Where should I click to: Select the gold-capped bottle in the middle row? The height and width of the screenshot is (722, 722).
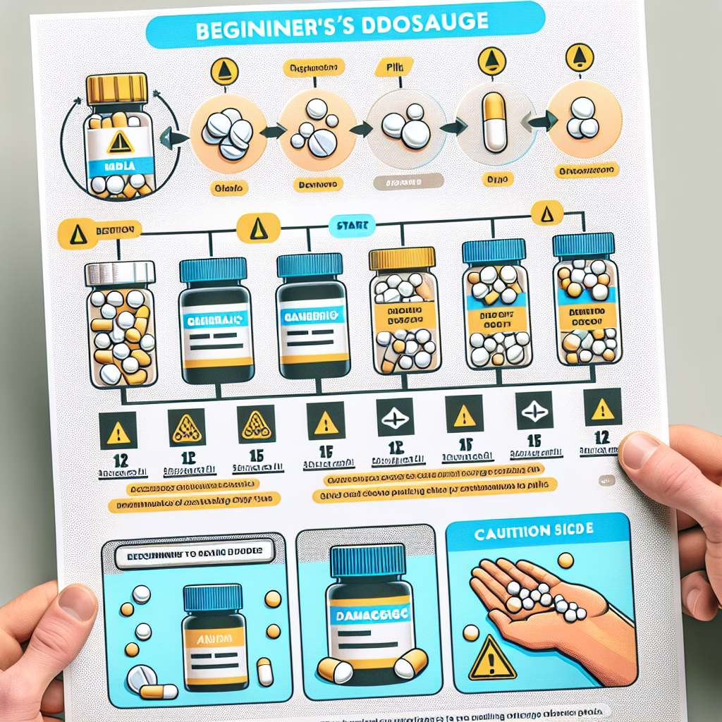click(403, 310)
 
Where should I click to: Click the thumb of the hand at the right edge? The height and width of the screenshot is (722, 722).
click(638, 451)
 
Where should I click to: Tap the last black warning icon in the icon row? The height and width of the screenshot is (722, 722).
click(601, 408)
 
